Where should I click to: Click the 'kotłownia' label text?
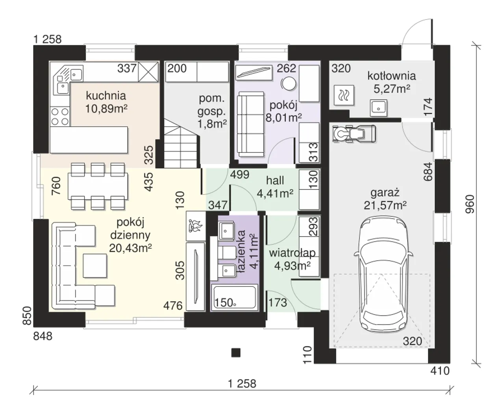tap(391, 75)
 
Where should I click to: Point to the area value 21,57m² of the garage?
tap(385, 205)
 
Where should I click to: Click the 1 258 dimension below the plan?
tap(242, 384)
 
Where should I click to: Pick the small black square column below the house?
tap(235, 352)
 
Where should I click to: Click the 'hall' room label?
tap(275, 181)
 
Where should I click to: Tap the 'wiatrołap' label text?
tap(292, 253)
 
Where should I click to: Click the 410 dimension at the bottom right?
tap(439, 371)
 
